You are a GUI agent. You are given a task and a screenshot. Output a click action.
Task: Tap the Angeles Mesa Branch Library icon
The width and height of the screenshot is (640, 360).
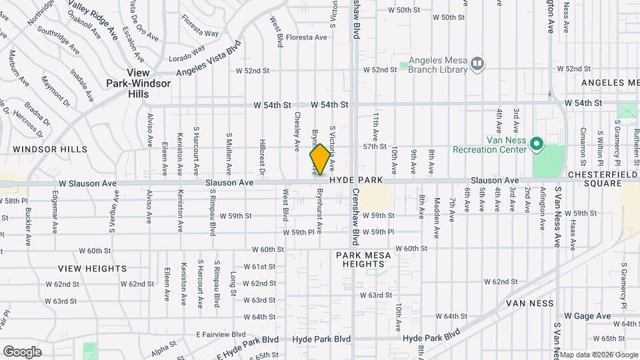click(x=477, y=63)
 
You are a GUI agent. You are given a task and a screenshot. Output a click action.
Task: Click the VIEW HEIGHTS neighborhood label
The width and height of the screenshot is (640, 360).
click(x=92, y=269)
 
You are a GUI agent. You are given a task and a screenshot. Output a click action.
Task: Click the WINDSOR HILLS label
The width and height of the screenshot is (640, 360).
click(x=49, y=149)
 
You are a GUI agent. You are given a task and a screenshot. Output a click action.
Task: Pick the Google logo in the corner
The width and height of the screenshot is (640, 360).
click(x=22, y=351)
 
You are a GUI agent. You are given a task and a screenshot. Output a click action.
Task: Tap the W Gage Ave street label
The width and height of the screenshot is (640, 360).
click(x=587, y=316)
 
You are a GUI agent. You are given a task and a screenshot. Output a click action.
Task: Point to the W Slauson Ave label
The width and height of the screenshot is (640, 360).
click(x=87, y=183)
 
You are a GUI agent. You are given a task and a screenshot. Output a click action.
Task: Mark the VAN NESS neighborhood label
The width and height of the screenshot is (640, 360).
click(x=530, y=303)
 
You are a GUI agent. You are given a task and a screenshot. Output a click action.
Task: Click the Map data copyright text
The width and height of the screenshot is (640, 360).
click(x=598, y=354)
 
